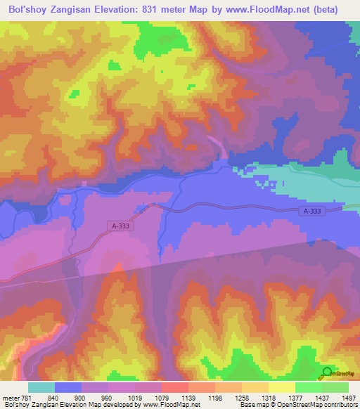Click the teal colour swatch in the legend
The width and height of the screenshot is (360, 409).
[41, 387]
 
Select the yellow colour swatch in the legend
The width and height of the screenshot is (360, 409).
[282, 387]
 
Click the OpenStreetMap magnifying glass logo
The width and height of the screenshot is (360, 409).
[328, 373]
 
